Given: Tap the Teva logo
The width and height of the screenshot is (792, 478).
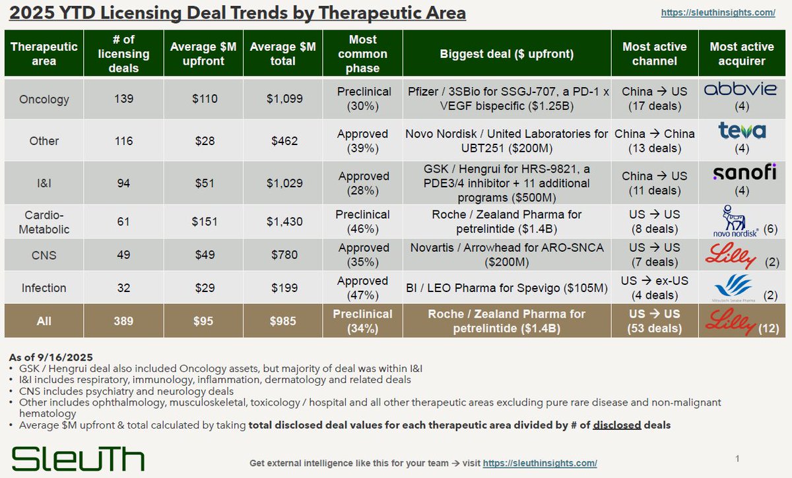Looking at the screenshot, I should click(x=742, y=131).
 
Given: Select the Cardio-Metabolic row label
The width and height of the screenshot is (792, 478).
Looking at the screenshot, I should click(x=44, y=222).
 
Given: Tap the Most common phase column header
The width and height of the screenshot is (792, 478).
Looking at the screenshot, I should click(x=362, y=54).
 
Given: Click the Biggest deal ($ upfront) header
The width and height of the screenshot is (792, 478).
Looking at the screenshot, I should click(x=506, y=54).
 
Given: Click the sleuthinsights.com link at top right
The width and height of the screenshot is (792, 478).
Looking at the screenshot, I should click(x=718, y=13).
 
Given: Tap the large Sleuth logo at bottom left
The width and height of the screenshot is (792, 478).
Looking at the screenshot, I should click(x=78, y=458).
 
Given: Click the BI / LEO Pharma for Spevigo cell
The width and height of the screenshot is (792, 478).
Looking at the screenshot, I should click(x=506, y=287).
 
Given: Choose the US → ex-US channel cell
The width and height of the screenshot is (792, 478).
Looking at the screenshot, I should click(x=655, y=287).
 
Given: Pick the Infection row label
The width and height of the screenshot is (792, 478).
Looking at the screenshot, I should click(x=44, y=287).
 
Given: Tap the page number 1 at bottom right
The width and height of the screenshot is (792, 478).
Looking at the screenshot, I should click(x=737, y=458).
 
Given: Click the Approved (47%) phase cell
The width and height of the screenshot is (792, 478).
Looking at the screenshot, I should click(x=363, y=287).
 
